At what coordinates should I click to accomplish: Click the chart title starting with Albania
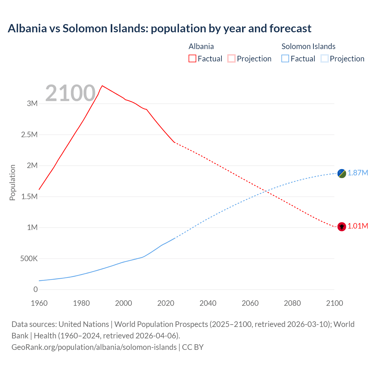tap(160, 28)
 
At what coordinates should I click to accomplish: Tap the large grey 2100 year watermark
tap(70, 93)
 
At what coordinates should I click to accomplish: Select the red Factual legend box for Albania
tap(192, 59)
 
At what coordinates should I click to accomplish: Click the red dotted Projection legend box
tap(231, 59)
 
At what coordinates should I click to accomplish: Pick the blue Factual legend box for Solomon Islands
tap(285, 59)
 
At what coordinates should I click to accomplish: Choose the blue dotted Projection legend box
tap(324, 59)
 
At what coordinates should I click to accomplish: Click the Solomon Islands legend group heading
tap(308, 46)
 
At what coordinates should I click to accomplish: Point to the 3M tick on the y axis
tap(32, 103)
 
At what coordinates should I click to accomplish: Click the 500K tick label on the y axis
tap(29, 259)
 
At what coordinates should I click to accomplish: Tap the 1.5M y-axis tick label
tap(29, 197)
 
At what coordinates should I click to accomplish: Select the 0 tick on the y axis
tap(36, 290)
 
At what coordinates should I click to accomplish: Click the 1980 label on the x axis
tap(81, 303)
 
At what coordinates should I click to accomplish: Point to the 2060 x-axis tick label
tap(250, 303)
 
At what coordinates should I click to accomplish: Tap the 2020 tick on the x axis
tap(166, 303)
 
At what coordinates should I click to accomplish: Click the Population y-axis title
tap(12, 182)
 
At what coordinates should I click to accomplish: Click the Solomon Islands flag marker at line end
tap(342, 174)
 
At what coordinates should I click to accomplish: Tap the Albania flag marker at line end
tap(342, 227)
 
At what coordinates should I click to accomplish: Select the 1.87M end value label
tap(358, 173)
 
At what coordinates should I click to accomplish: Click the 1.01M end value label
tap(358, 226)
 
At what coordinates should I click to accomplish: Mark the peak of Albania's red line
tap(102, 86)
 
